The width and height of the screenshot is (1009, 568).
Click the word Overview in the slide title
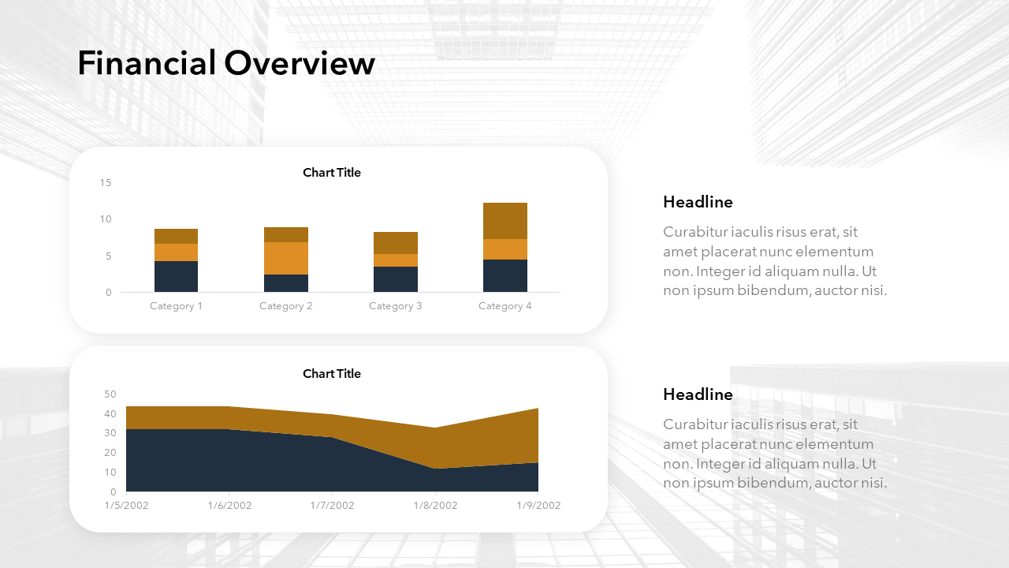coord(300,63)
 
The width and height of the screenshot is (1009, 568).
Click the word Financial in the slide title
coord(147,62)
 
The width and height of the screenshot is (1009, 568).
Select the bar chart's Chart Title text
coord(332,173)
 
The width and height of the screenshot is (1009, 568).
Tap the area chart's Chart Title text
coord(332,374)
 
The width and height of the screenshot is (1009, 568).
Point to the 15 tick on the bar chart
coord(106,182)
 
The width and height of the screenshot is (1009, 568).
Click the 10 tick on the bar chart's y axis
coord(106,219)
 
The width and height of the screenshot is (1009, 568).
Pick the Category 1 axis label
coord(176,306)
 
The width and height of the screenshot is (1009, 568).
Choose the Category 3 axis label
coord(396,306)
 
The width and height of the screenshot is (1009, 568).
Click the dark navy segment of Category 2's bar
coord(286,283)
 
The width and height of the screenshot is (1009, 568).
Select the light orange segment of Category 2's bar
coord(286,258)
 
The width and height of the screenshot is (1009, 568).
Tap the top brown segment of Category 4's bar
coord(505,221)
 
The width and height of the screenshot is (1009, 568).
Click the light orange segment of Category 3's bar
coord(396,260)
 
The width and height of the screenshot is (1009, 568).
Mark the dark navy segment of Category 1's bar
coord(176,276)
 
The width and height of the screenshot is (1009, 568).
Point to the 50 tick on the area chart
coord(110,394)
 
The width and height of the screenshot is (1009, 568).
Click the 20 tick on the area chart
coord(110,453)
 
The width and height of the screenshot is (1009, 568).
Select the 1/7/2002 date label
coord(333,506)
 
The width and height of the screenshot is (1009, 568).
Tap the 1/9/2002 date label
coord(538,506)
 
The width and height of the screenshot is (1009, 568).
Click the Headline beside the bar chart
coord(698,202)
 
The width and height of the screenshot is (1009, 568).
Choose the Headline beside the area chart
coord(698,394)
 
